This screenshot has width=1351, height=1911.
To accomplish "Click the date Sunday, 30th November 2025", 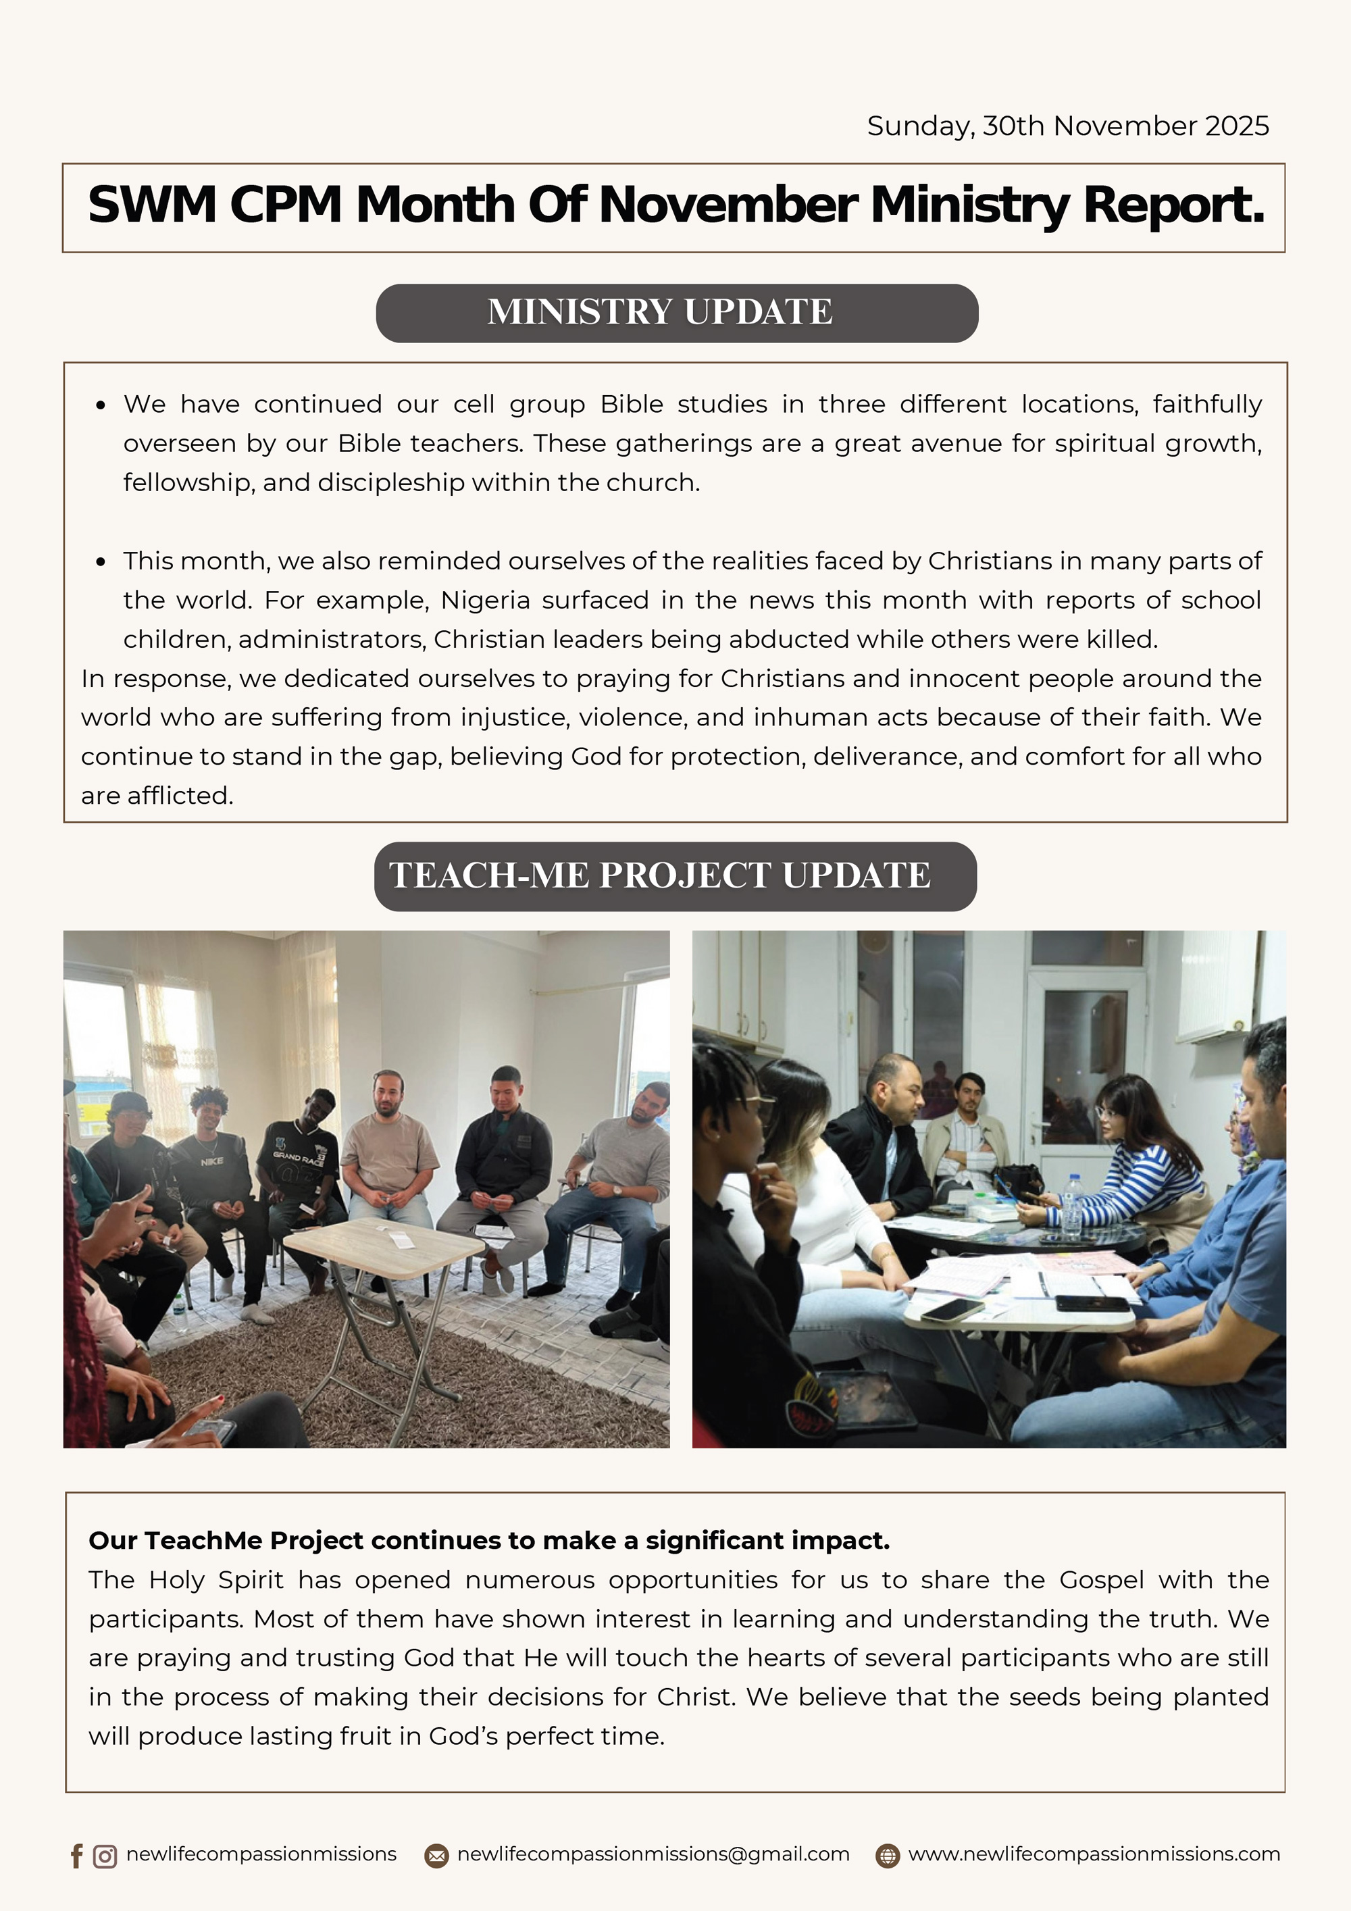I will coord(1067,126).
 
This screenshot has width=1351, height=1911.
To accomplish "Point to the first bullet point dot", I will coord(101,405).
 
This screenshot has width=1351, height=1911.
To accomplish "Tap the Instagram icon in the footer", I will coord(105,1856).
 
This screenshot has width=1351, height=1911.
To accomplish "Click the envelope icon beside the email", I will coord(436,1856).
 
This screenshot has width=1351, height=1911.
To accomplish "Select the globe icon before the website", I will coord(888,1856).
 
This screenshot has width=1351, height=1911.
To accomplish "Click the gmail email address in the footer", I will coord(653,1854).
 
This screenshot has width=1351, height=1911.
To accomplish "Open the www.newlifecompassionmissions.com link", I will coord(1094,1854).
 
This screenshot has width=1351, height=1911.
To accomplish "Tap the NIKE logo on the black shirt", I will coord(211,1161).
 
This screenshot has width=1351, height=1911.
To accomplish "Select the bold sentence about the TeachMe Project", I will coord(488,1541).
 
